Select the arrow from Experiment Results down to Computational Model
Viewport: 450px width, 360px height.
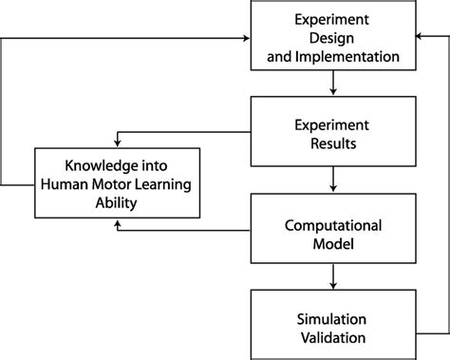pos(332,178)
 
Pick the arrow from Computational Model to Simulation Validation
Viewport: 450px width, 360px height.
pos(332,276)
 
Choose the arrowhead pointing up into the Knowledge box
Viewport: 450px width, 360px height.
pos(117,224)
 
